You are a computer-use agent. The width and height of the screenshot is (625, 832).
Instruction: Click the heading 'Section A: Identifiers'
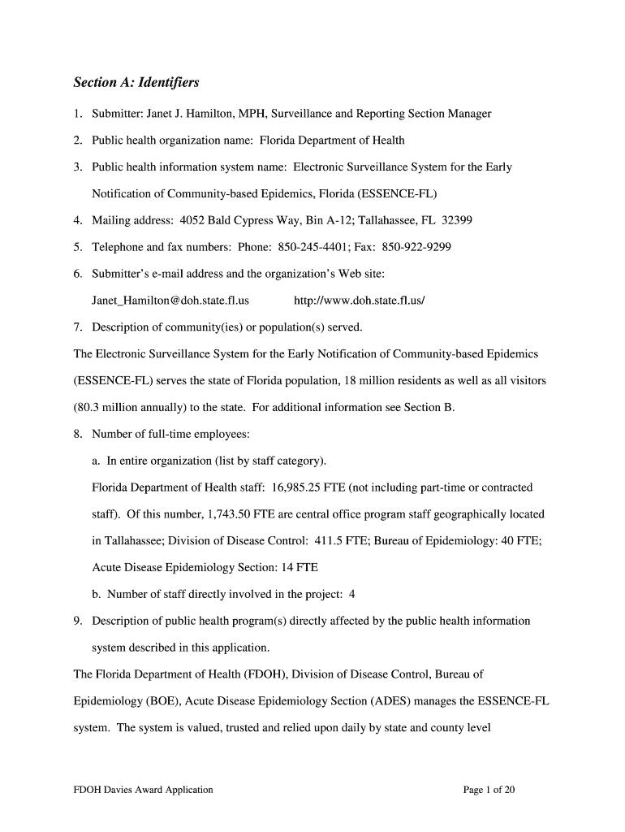coord(136,83)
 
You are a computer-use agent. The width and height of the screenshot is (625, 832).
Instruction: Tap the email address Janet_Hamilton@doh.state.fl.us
coord(170,301)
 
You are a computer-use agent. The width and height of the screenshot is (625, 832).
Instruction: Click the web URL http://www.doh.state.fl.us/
coord(360,301)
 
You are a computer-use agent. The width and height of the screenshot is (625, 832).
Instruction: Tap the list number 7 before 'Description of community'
coord(77,327)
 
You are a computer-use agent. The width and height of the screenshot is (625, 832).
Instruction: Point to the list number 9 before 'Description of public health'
coord(77,621)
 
